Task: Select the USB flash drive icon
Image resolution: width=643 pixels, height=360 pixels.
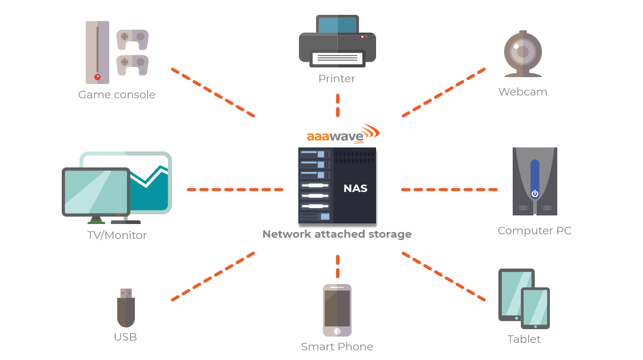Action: tap(126, 308)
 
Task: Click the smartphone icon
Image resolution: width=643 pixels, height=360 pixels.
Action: tap(337, 310)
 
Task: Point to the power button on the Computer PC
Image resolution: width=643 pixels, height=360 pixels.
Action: tap(534, 194)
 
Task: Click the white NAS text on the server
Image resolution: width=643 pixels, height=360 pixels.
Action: tap(355, 189)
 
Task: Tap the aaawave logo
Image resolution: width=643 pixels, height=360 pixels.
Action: tap(342, 135)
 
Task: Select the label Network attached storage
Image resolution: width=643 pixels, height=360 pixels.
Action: tap(337, 234)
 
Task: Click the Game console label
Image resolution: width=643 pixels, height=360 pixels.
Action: tap(117, 95)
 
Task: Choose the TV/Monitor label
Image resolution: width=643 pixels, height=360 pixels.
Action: tap(117, 235)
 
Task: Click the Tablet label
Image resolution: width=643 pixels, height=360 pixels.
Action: tap(524, 339)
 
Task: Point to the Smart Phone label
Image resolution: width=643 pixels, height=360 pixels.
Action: tap(337, 347)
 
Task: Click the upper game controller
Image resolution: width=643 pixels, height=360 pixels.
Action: tap(132, 39)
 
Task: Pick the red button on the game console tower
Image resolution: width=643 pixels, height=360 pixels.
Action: tap(97, 77)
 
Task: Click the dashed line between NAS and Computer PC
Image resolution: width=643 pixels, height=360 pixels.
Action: tap(449, 189)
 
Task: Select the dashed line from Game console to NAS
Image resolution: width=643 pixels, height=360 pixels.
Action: tap(213, 93)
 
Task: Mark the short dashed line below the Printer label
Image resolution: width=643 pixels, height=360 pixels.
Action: tap(338, 106)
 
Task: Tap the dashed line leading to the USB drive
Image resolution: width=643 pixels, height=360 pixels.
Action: tap(213, 277)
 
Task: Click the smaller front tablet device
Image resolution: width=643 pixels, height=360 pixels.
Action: tap(535, 308)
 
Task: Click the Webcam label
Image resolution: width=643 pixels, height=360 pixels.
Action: tap(522, 92)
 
